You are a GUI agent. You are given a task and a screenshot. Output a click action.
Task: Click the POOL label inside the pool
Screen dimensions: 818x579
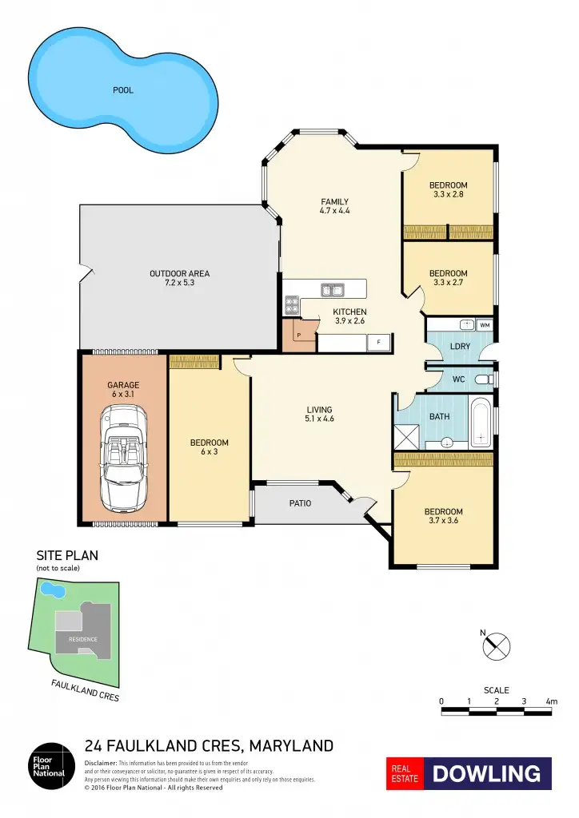(122, 90)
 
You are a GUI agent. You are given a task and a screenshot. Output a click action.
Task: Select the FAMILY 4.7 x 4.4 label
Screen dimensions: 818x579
(334, 206)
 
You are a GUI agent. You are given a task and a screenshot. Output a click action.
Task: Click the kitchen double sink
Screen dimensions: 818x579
(332, 289)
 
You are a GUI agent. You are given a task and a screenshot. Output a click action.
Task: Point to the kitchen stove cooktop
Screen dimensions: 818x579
(292, 304)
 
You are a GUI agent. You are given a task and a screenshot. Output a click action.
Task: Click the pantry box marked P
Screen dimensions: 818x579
(297, 336)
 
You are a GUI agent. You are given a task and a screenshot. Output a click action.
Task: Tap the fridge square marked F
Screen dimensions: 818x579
(378, 343)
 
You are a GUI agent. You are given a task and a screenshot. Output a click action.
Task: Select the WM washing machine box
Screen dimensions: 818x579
(484, 325)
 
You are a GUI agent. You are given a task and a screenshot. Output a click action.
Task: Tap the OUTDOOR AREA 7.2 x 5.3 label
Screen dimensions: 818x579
(179, 278)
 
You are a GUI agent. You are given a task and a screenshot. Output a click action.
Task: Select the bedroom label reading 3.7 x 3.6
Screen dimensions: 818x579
(443, 517)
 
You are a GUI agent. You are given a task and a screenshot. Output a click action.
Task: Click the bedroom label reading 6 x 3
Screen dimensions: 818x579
(209, 447)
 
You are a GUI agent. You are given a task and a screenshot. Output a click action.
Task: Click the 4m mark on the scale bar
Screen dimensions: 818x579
(551, 701)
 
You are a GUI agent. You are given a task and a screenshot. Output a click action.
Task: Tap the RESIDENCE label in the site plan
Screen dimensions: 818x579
(82, 639)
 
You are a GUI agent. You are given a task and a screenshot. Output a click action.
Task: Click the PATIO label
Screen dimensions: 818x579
(300, 503)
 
